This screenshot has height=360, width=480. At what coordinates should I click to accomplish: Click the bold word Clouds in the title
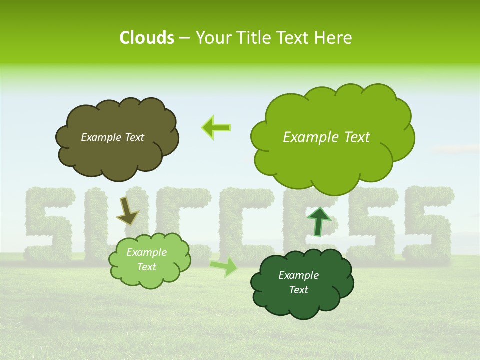(x=147, y=38)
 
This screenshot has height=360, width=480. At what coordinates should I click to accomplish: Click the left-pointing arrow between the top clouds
(x=216, y=128)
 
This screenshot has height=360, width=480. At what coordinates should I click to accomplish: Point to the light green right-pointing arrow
(x=224, y=267)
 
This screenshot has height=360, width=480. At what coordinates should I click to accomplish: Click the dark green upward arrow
(x=318, y=221)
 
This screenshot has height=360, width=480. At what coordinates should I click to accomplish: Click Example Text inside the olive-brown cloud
(x=112, y=137)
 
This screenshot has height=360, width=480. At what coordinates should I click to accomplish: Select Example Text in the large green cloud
(x=326, y=137)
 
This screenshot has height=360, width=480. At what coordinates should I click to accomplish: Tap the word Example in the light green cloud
(x=146, y=252)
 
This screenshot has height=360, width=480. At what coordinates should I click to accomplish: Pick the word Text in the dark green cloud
(x=298, y=290)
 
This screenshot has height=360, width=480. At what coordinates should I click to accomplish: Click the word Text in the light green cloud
(x=146, y=267)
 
